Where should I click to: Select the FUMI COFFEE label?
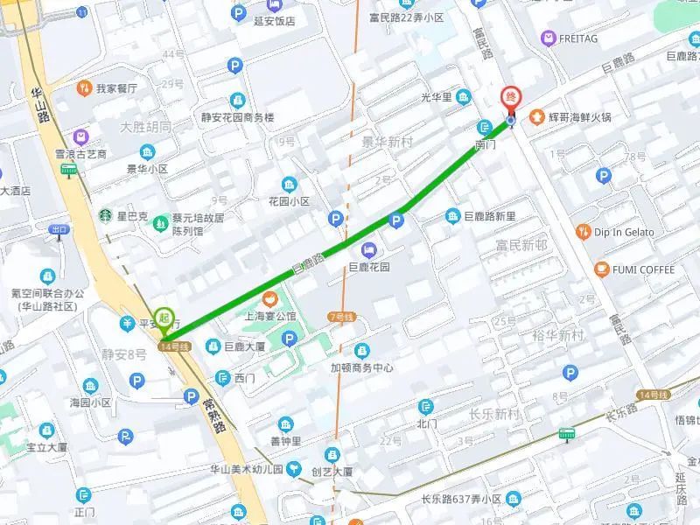tap(644, 269)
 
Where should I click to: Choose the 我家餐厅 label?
tap(117, 88)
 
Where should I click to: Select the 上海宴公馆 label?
tap(270, 316)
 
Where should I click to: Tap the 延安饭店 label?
tap(272, 21)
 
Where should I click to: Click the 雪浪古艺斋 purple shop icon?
tap(80, 136)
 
